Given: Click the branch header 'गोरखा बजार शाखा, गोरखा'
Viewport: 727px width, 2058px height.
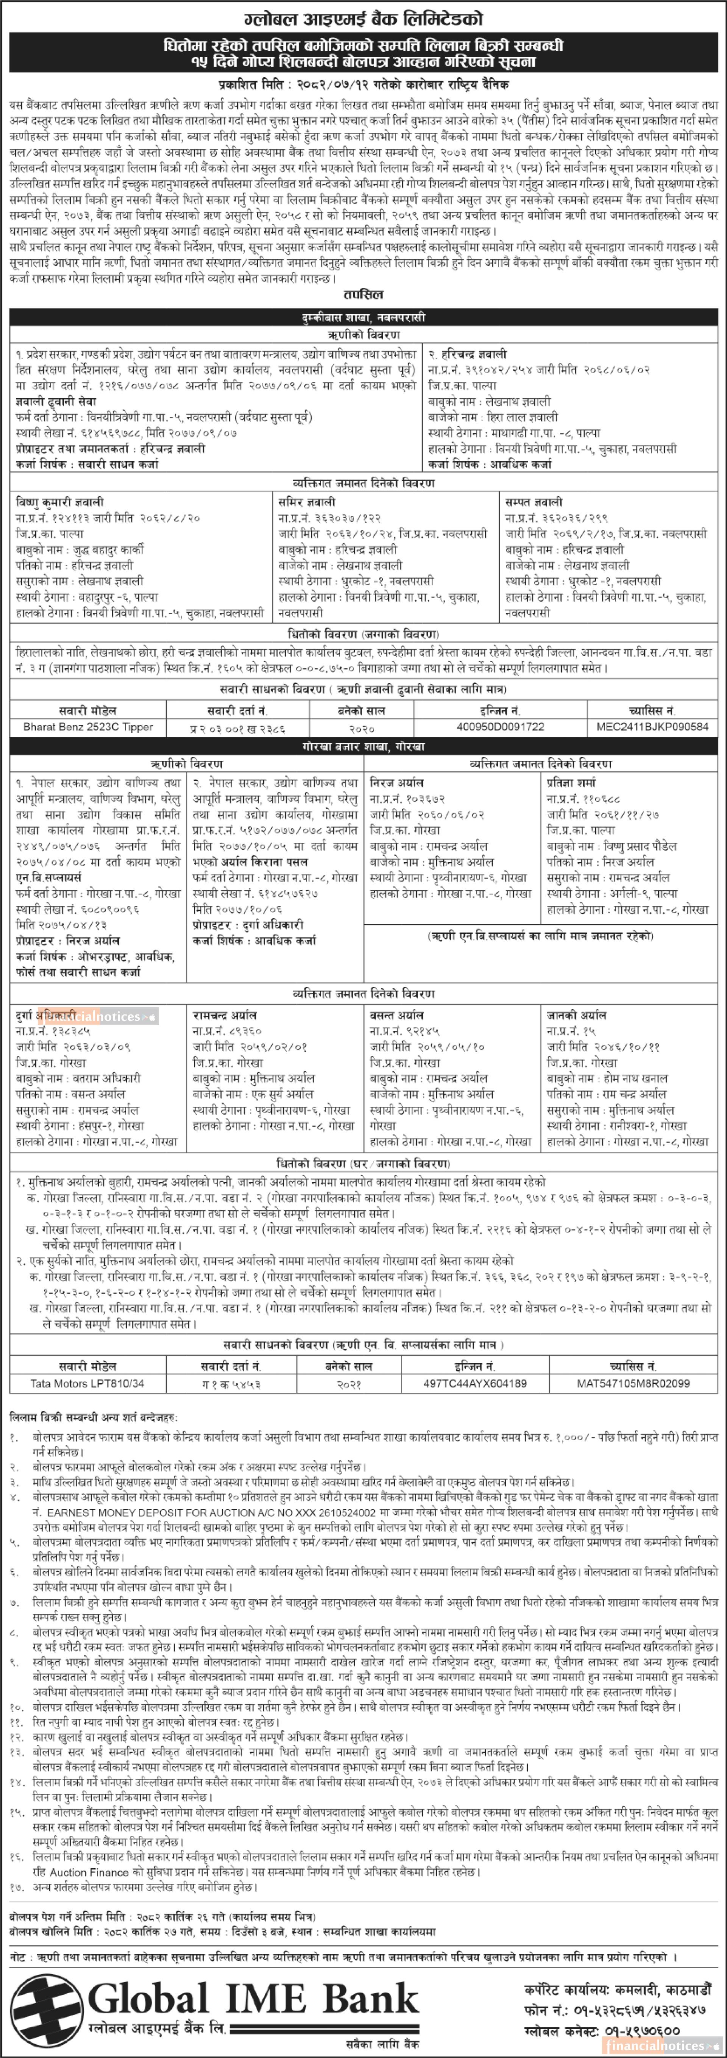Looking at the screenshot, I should (x=363, y=747).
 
